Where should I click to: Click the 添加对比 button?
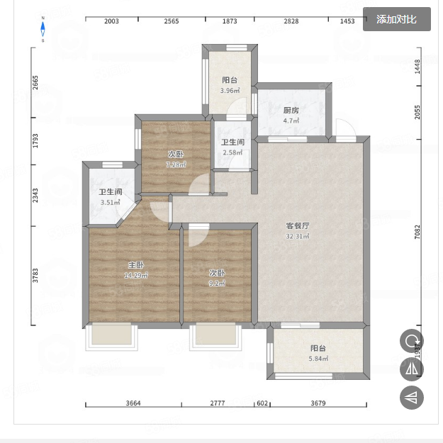click(396, 20)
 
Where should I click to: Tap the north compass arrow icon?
click(43, 29)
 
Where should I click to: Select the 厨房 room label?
click(291, 111)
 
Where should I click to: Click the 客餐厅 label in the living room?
click(298, 225)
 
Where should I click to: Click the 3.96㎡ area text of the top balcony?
click(230, 91)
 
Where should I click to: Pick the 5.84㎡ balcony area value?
click(318, 359)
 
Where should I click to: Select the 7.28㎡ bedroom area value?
click(176, 164)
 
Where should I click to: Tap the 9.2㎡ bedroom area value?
click(217, 284)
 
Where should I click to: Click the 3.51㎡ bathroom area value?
click(111, 203)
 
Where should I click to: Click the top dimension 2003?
click(111, 21)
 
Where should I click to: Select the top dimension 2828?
click(291, 21)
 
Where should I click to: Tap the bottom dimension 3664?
click(133, 403)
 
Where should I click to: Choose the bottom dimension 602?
click(262, 403)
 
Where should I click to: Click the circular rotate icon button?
click(412, 341)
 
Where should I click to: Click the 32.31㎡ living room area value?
click(298, 236)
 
